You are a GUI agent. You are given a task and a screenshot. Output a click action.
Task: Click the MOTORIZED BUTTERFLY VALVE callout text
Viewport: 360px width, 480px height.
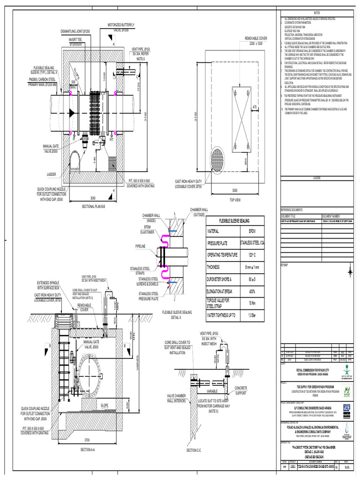click(x=121, y=27)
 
